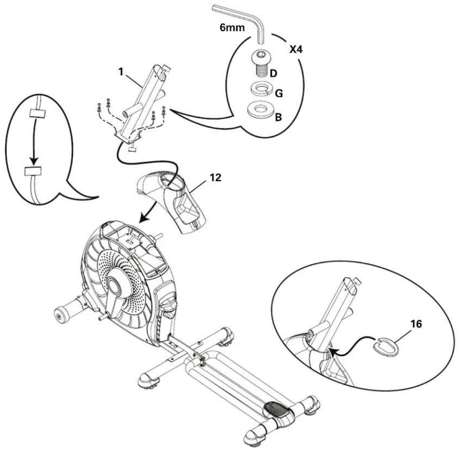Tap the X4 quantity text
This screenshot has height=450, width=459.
pyautogui.click(x=299, y=50)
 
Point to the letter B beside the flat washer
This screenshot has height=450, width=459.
pyautogui.click(x=278, y=117)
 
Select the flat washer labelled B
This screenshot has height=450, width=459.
pyautogui.click(x=260, y=110)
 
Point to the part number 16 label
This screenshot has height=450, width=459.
pyautogui.click(x=414, y=324)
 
